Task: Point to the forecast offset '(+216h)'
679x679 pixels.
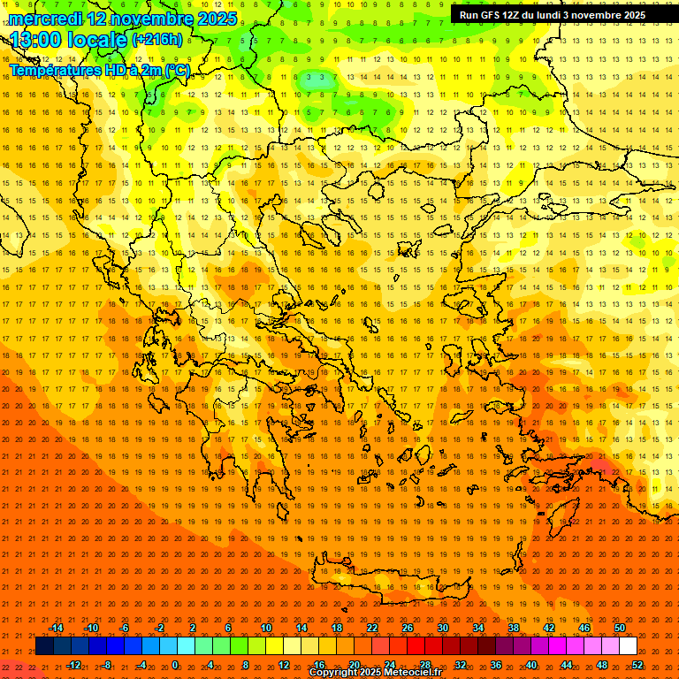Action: pyautogui.click(x=157, y=40)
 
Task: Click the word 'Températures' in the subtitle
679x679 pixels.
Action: pyautogui.click(x=54, y=70)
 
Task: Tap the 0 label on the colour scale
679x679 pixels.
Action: pyautogui.click(x=175, y=665)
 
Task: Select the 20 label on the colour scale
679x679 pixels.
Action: pyautogui.click(x=354, y=665)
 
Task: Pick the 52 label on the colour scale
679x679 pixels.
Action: pyautogui.click(x=637, y=665)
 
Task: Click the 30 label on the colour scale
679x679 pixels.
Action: pyautogui.click(x=443, y=628)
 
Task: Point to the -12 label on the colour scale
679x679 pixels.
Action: pyautogui.click(x=73, y=665)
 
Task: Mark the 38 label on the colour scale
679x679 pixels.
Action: pyautogui.click(x=514, y=628)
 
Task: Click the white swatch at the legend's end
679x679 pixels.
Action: pyautogui.click(x=628, y=646)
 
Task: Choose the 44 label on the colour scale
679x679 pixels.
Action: pyautogui.click(x=567, y=665)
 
